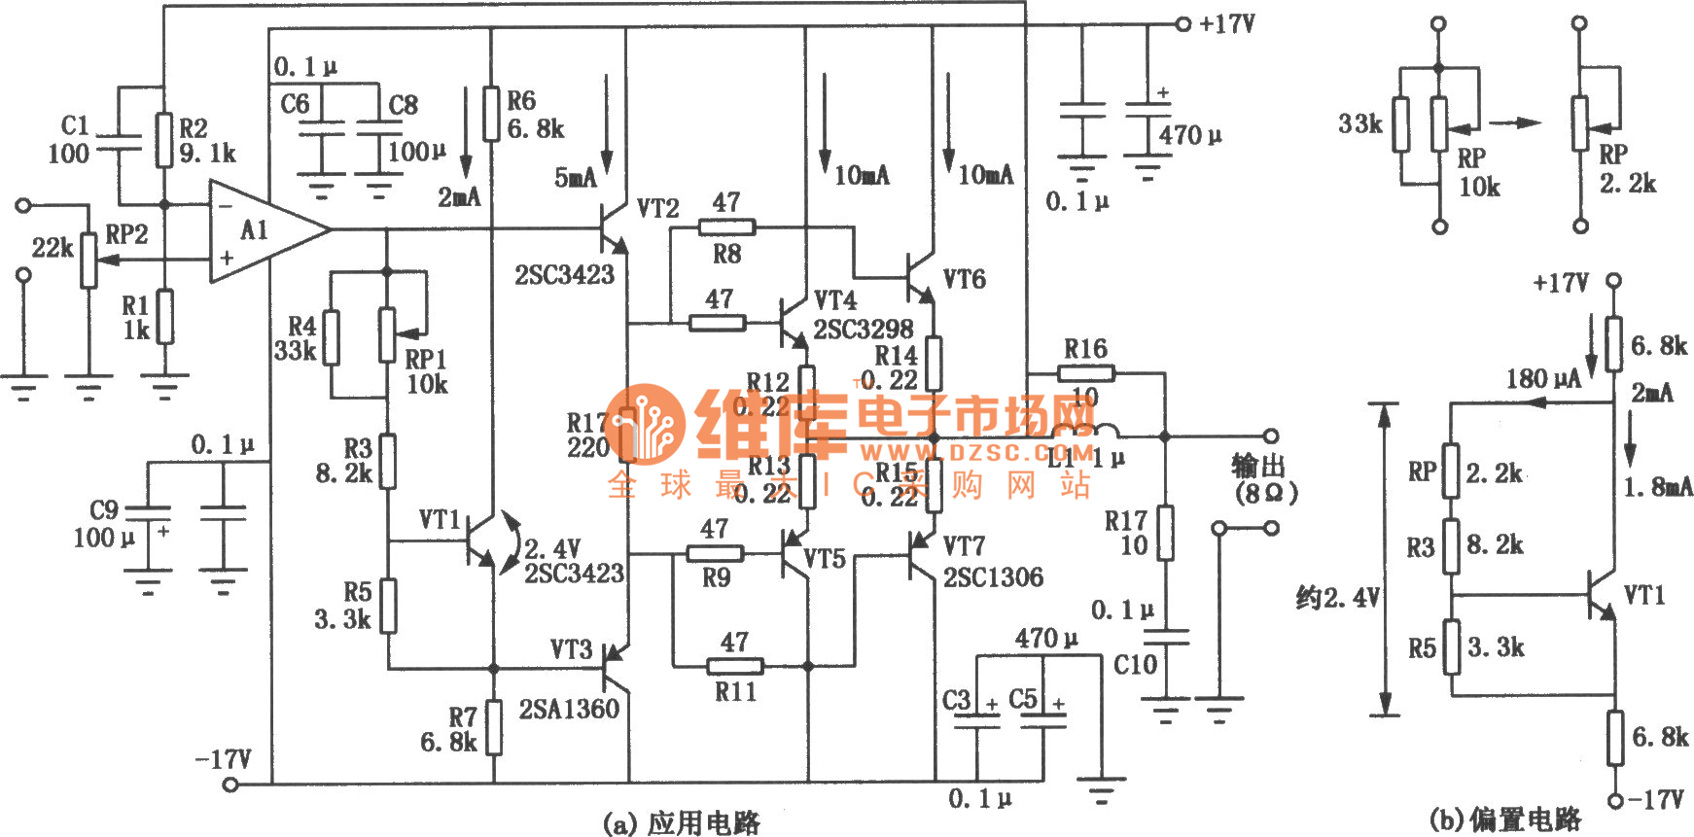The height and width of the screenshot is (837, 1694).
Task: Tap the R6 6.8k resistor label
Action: coord(534,115)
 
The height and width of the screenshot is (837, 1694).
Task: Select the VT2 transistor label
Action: coord(657,208)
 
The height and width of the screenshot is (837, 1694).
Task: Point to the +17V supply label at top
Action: coord(1226,23)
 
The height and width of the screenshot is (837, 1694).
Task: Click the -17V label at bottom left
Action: coord(224,758)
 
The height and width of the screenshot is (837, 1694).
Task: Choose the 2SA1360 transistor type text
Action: coord(569,709)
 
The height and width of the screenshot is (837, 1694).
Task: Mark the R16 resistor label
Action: coord(1084,348)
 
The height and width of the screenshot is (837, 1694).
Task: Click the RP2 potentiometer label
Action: coord(126,234)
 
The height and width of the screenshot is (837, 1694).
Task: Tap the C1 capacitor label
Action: coord(75,125)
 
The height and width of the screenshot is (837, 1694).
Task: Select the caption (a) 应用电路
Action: coord(682,822)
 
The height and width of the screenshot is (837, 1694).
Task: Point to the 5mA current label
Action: coord(576,177)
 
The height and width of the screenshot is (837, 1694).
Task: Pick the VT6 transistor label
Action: coord(964,280)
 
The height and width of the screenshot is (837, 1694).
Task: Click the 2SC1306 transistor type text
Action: coord(993,577)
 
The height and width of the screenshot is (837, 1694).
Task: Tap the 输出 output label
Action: coord(1259,466)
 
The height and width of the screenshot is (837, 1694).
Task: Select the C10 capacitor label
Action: coord(1135,665)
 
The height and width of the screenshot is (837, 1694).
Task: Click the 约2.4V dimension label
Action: coord(1338,597)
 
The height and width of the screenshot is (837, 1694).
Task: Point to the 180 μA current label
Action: coord(1543,378)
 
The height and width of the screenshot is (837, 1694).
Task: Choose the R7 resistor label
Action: coord(462,717)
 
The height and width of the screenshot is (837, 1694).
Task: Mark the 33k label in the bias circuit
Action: coord(1359,123)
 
